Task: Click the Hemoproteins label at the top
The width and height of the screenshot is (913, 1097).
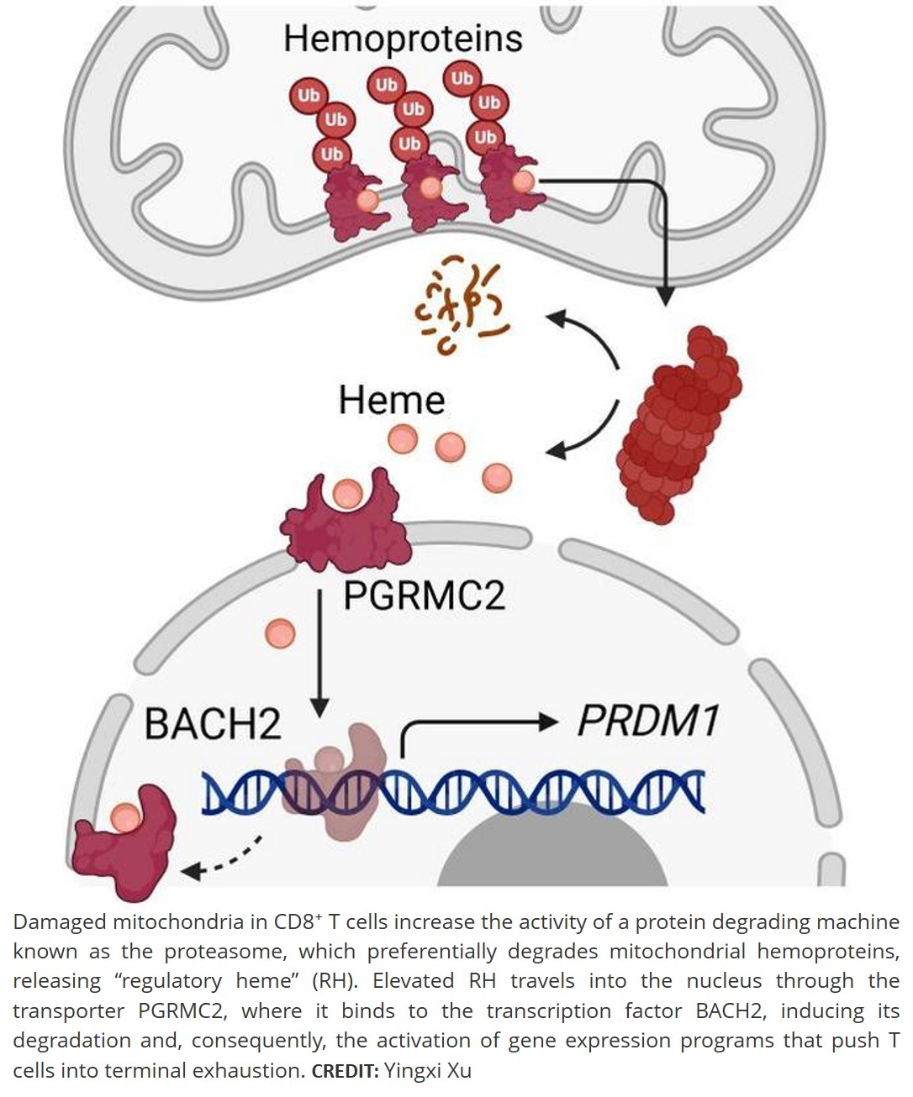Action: click(x=403, y=38)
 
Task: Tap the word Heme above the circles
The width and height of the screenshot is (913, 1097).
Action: click(x=391, y=400)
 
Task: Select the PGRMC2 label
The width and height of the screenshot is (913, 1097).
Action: click(x=425, y=596)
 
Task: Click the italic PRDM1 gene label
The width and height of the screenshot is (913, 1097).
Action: click(x=647, y=721)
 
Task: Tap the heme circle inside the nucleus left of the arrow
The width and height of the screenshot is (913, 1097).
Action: click(x=280, y=632)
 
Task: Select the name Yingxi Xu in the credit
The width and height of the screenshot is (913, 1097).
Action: click(x=427, y=1070)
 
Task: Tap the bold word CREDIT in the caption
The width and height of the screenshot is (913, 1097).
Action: click(x=345, y=1071)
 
